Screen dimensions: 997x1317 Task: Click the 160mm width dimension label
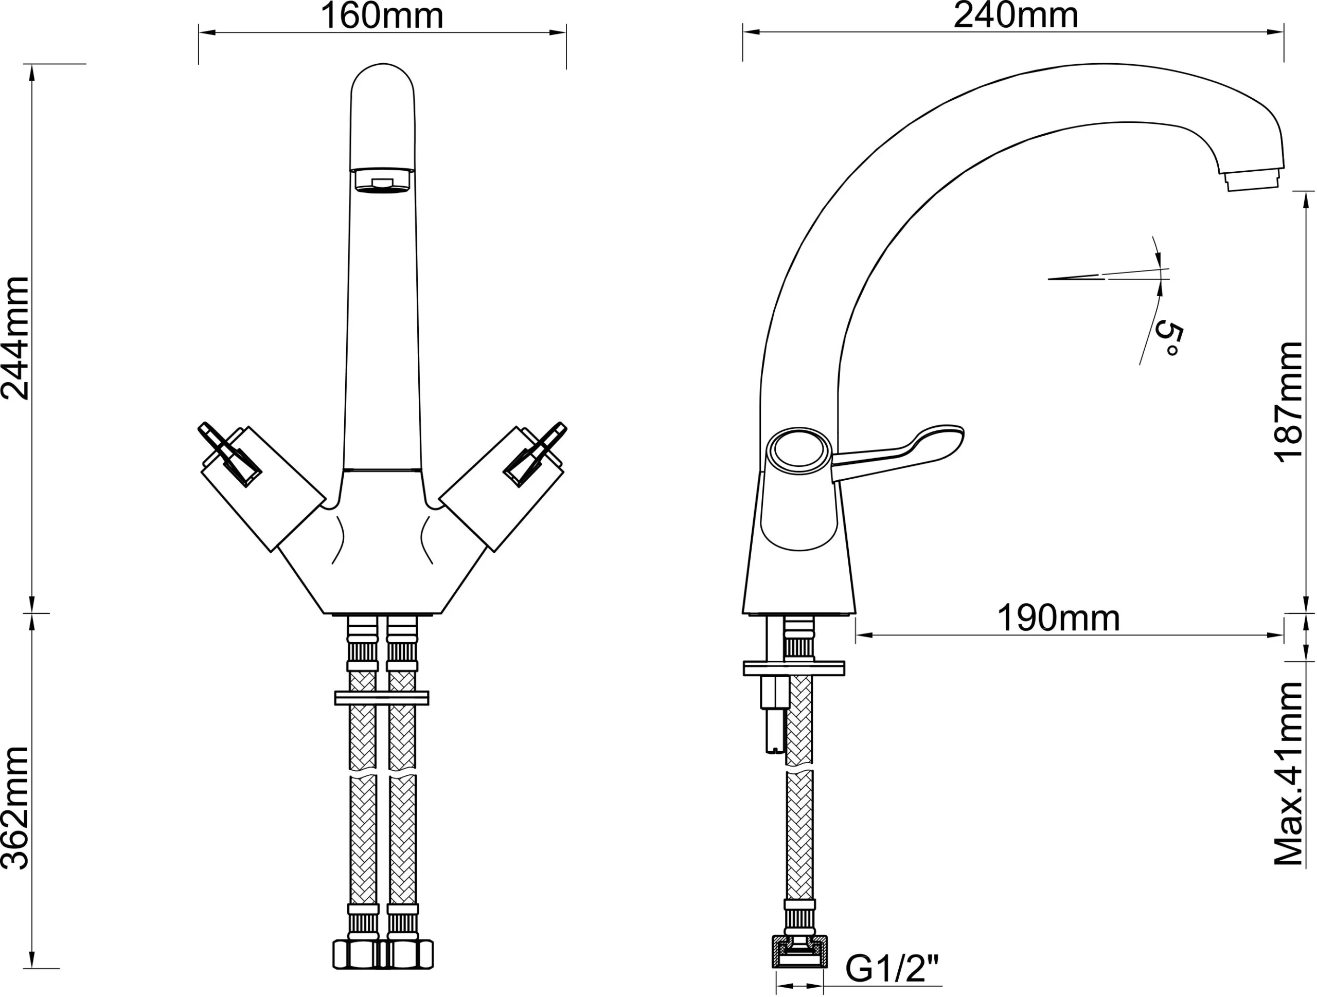(x=382, y=16)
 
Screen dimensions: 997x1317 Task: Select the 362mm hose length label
(x=15, y=807)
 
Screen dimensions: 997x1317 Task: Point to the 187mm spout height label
(x=1290, y=402)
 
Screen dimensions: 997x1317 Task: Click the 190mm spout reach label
(x=1058, y=619)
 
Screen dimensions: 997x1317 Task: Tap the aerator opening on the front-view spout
(x=382, y=181)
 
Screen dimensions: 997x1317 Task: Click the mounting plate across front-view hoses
(x=382, y=698)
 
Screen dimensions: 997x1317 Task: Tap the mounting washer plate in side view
(x=794, y=668)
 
